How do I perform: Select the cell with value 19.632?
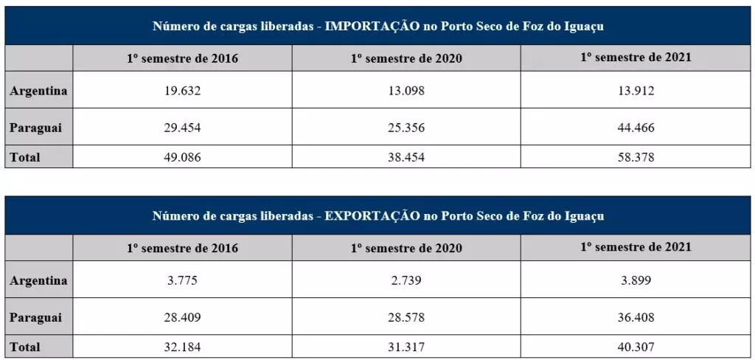tap(182, 91)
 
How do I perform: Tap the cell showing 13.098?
tap(407, 91)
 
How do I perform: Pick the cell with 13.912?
tap(636, 91)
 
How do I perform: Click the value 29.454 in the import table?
tap(182, 128)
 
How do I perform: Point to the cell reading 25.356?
tap(407, 128)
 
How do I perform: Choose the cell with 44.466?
tap(636, 128)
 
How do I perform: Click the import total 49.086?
tap(182, 157)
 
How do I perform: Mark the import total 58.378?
tap(636, 157)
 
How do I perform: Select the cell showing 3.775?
tap(182, 280)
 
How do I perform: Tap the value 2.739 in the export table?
tap(407, 280)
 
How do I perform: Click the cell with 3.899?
tap(636, 280)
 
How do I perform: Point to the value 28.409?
tap(182, 317)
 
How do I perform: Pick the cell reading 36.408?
tap(636, 317)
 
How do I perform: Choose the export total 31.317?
tap(407, 347)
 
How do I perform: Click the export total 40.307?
tap(636, 347)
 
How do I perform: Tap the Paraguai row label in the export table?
tap(35, 317)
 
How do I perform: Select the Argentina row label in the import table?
tap(38, 91)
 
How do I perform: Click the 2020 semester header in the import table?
tap(407, 58)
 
